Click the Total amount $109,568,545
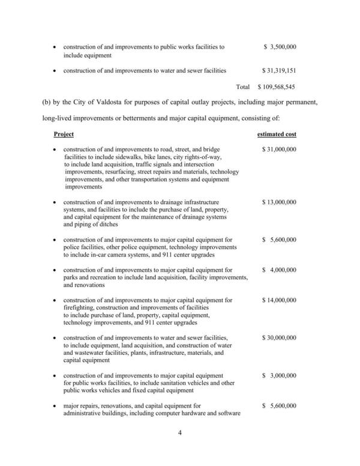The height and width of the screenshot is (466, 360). (x=277, y=86)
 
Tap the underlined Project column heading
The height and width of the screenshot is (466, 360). (x=64, y=134)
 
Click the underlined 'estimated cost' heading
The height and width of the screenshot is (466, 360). (x=277, y=134)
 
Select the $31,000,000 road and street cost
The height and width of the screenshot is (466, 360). (x=279, y=150)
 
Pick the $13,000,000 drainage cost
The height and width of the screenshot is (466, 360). (x=279, y=202)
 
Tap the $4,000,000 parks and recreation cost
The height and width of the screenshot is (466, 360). (x=279, y=270)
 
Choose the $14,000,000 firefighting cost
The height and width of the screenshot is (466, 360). (x=279, y=300)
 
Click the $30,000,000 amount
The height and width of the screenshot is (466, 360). (x=279, y=338)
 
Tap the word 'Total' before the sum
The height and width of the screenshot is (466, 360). (x=243, y=86)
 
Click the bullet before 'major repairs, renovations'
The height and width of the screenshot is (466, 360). (x=55, y=407)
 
